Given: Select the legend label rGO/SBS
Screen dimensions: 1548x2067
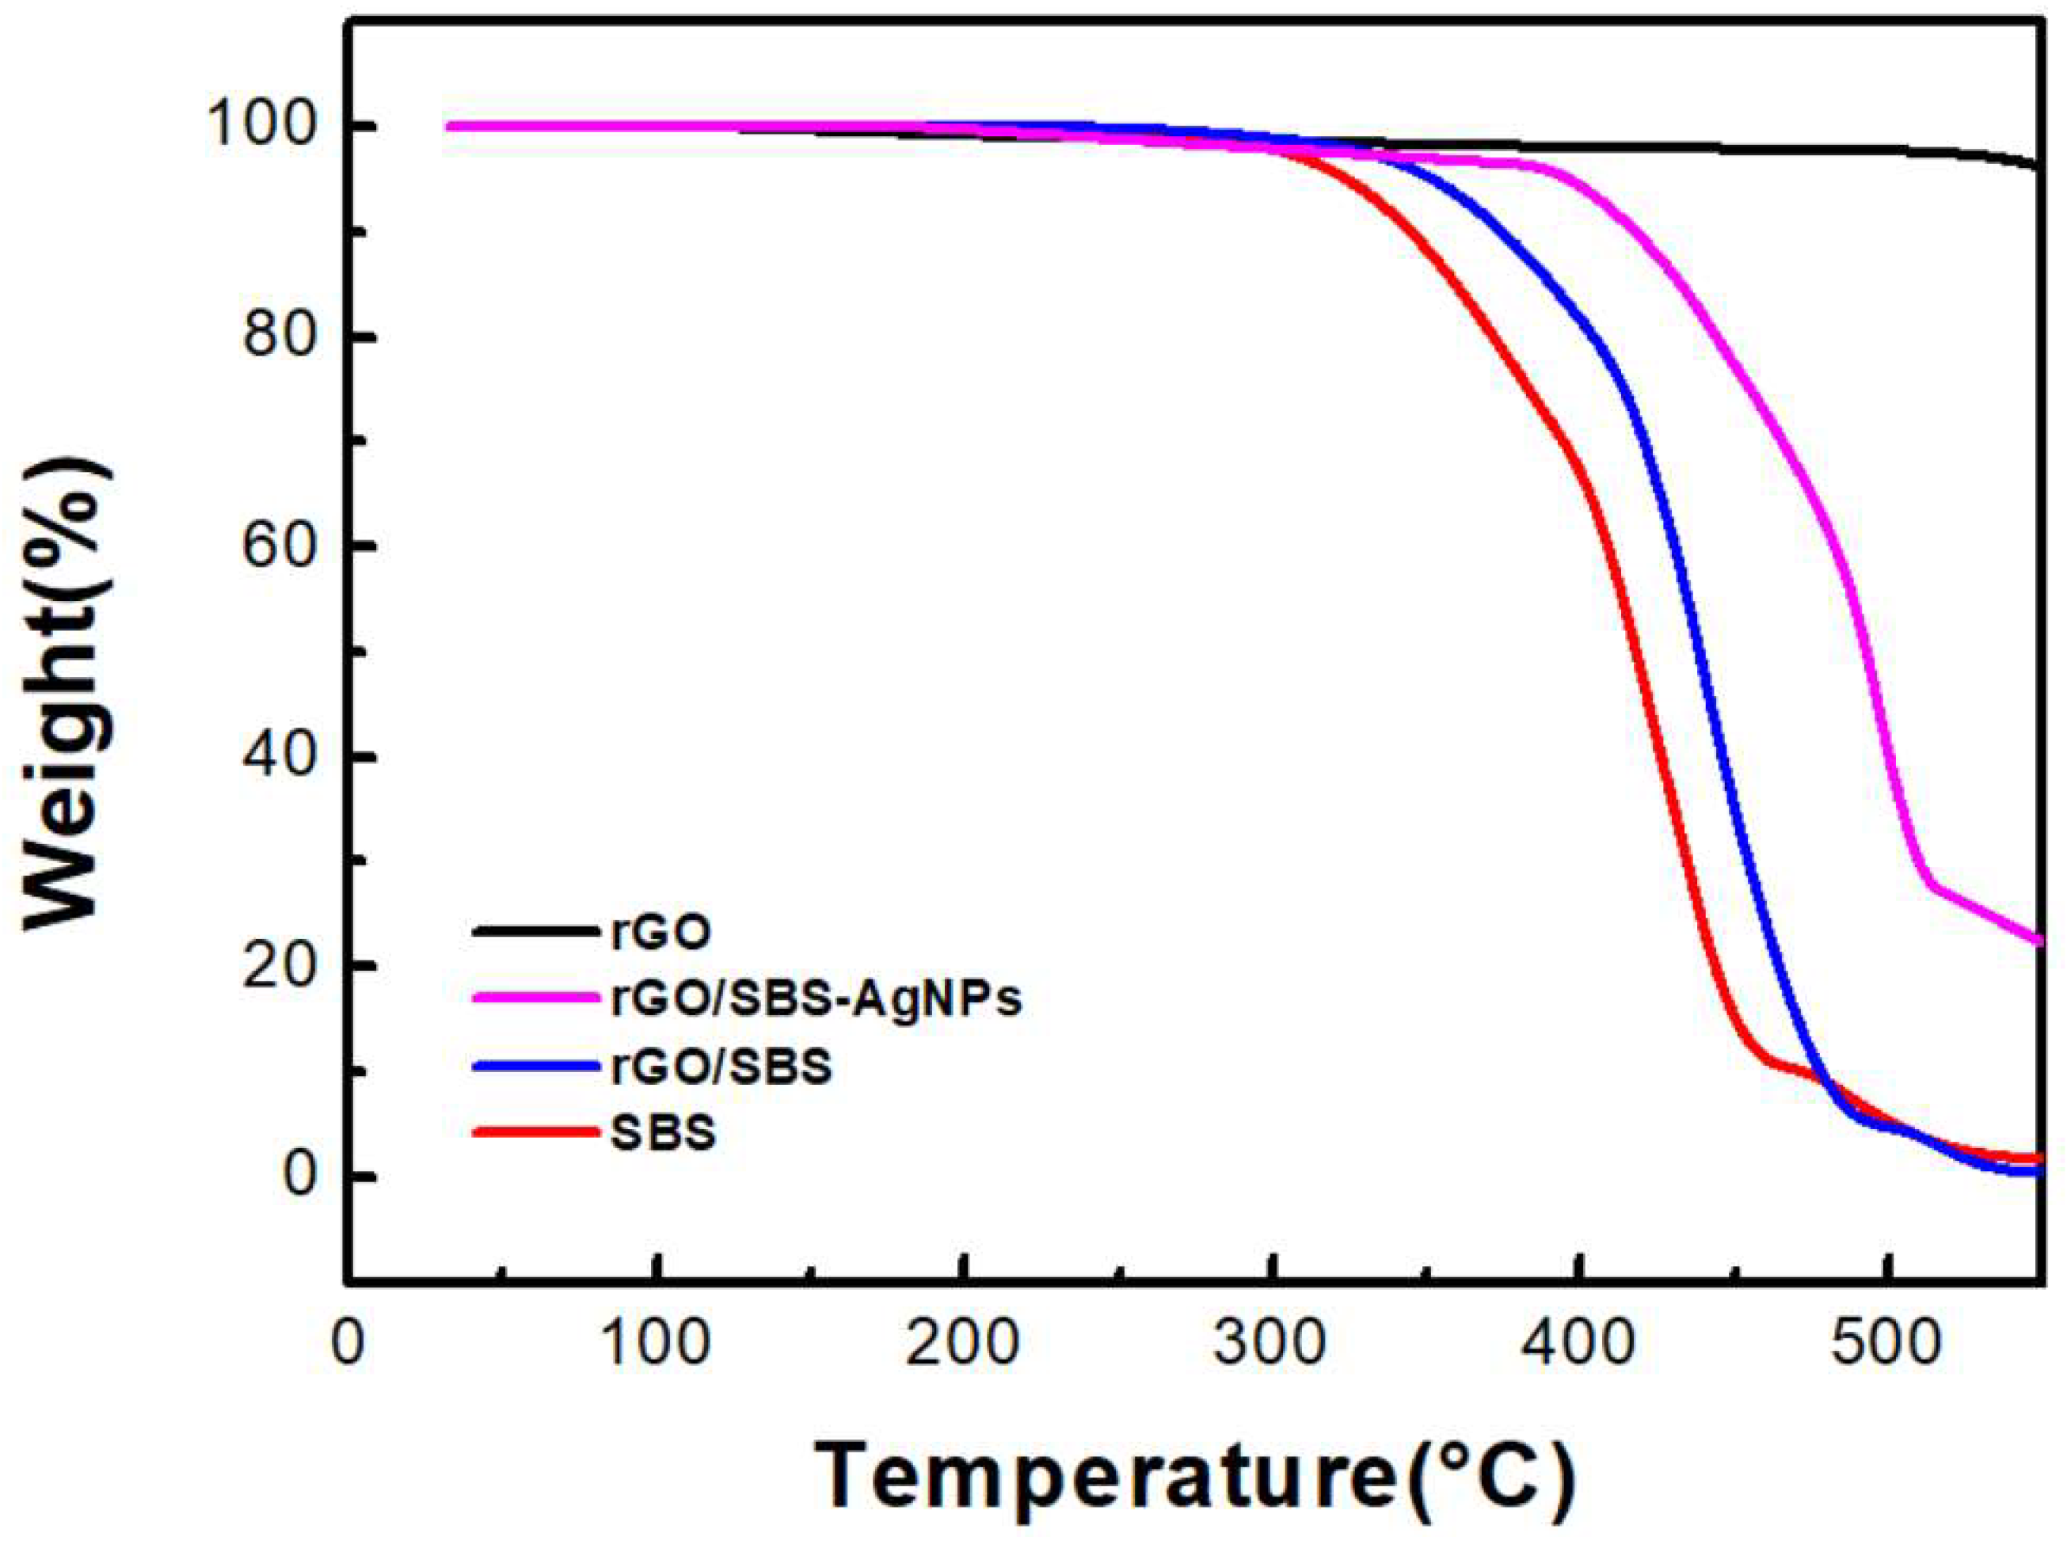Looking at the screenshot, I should point(721,1067).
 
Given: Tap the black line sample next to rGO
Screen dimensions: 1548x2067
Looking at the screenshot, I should point(535,931).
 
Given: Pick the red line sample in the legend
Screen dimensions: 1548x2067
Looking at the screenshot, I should point(535,1132).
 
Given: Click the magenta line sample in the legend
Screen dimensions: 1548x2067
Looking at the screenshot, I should point(535,998).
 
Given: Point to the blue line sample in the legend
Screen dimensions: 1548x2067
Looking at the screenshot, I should point(535,1066).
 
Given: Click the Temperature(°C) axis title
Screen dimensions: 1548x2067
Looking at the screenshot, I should point(1197,1477).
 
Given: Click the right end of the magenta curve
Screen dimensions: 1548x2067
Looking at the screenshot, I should point(2039,941).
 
